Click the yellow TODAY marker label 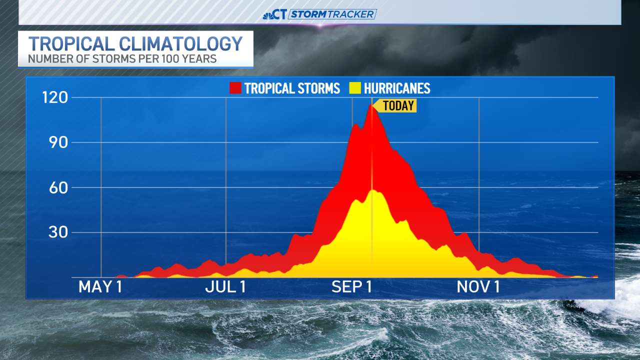398,105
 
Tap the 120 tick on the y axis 55,97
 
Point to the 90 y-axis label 58,142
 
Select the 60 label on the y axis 58,187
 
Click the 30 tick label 58,232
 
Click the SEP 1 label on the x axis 352,287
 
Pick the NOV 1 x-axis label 479,287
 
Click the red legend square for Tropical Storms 235,88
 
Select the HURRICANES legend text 397,88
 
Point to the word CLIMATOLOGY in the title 186,44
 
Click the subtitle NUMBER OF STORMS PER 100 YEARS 122,59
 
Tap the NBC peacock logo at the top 268,14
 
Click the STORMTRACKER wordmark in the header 332,14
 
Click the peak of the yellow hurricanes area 372,190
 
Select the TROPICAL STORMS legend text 292,88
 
